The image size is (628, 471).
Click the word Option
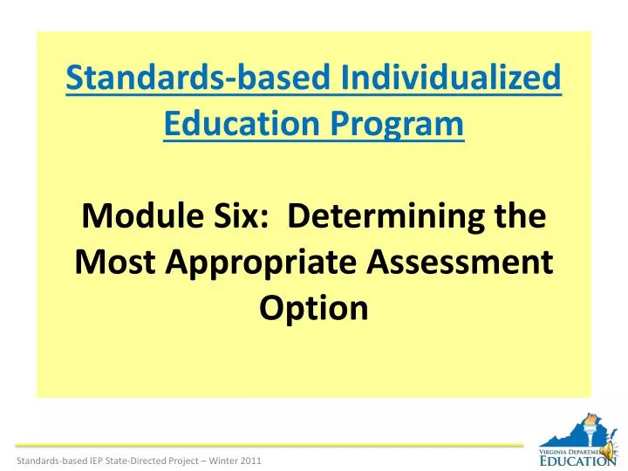(x=314, y=308)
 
